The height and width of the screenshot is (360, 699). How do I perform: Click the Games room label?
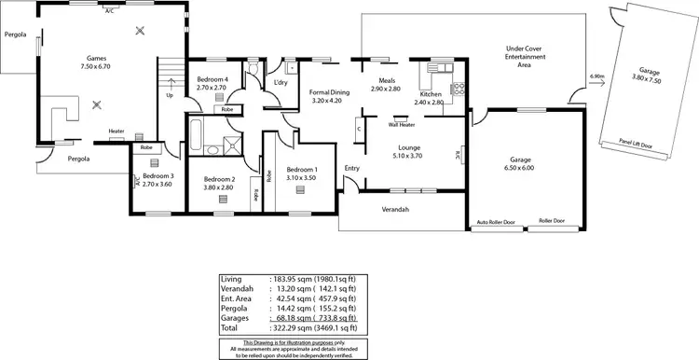pyautogui.click(x=96, y=57)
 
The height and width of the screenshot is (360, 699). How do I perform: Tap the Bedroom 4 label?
pyautogui.click(x=212, y=79)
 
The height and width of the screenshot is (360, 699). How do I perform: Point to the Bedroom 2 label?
pyautogui.click(x=220, y=178)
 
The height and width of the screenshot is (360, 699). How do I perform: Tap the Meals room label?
pyautogui.click(x=384, y=81)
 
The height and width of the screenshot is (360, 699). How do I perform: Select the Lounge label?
pyautogui.click(x=410, y=147)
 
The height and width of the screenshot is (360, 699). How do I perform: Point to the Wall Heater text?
pyautogui.click(x=402, y=123)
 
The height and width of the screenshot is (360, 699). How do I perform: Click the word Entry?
pyautogui.click(x=351, y=168)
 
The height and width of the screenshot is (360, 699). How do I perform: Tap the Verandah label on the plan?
pyautogui.click(x=396, y=210)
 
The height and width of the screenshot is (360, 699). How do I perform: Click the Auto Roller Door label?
pyautogui.click(x=495, y=222)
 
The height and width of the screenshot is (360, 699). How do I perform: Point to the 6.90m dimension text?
pyautogui.click(x=596, y=76)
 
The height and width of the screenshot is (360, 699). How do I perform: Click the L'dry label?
pyautogui.click(x=279, y=83)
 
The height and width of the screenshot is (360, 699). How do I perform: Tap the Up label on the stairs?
pyautogui.click(x=169, y=94)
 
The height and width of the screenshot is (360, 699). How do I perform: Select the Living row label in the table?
pyautogui.click(x=230, y=279)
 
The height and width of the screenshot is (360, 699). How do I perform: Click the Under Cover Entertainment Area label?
pyautogui.click(x=525, y=57)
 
